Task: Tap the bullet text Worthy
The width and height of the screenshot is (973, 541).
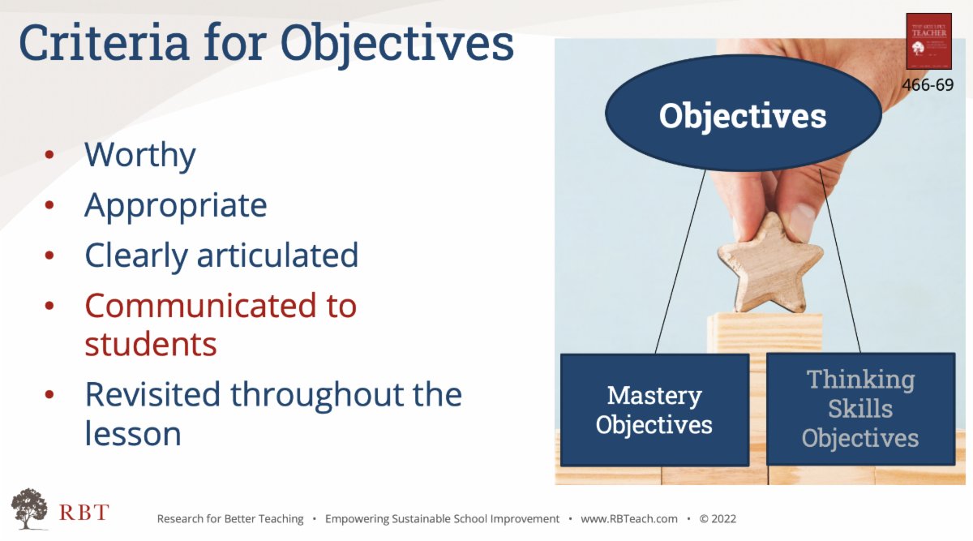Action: (139, 155)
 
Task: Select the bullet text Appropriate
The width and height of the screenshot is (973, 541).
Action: (175, 206)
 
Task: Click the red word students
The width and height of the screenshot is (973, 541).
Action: (151, 345)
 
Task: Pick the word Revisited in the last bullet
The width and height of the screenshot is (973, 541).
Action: (152, 395)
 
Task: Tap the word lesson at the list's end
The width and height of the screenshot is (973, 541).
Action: (133, 434)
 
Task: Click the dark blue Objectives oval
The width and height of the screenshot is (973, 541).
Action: (742, 115)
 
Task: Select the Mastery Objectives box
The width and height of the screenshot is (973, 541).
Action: (654, 410)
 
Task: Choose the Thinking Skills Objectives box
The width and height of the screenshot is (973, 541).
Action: (859, 409)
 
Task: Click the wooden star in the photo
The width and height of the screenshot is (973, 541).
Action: (769, 262)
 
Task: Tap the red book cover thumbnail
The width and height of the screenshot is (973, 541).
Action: (928, 41)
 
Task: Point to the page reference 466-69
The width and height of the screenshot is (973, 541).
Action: (928, 84)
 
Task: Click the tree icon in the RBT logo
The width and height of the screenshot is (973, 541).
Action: (29, 508)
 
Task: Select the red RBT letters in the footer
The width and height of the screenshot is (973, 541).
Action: (84, 513)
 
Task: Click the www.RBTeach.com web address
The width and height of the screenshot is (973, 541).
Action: (628, 519)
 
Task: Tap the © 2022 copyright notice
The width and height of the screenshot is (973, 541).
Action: (718, 519)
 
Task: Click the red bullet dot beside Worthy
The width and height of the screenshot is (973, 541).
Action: (50, 155)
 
